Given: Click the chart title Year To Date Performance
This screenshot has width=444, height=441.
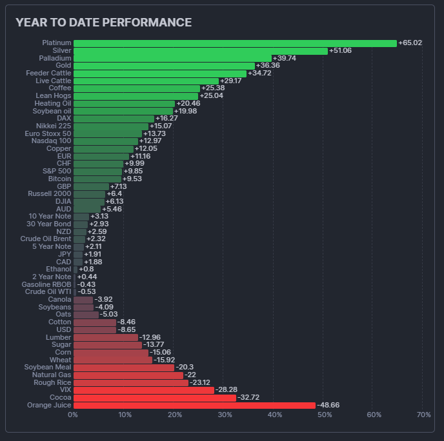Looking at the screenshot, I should point(103,23).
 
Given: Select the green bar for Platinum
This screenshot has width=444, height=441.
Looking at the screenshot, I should point(235,43).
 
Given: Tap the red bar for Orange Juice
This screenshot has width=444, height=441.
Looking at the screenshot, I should point(194,406).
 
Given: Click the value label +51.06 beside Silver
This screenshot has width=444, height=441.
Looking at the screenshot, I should point(340,51).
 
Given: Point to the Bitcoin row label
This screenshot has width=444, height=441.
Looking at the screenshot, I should point(59,179).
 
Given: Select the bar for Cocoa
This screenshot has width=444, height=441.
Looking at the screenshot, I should point(154,398).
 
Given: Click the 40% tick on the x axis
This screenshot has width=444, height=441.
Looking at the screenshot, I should point(274,415).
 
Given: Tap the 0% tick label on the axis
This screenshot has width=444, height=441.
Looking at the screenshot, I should point(73,415).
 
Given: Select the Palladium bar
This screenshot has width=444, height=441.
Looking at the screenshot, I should point(172,58).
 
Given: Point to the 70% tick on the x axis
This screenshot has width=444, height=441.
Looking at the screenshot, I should point(423,415).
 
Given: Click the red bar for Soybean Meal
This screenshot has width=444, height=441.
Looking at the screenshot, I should point(123,367).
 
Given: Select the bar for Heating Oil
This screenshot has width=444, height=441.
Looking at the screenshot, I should point(124,103).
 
